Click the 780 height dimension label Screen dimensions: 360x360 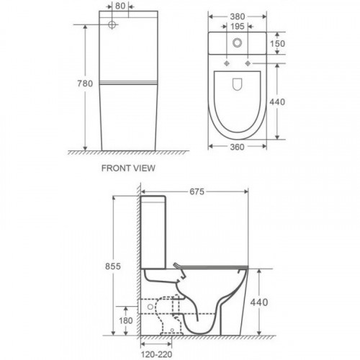coord(85,84)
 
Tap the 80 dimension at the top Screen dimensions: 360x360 coord(120,6)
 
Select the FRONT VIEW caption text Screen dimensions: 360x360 coord(128,168)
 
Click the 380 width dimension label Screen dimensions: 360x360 coord(238,17)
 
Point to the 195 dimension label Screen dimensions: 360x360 coord(238,27)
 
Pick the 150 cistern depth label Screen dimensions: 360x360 coord(278,44)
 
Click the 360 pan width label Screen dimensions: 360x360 coord(237,147)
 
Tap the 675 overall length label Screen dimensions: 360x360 coord(197,192)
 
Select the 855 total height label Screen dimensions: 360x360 coord(113,266)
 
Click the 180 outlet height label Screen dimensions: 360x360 coord(126,320)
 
